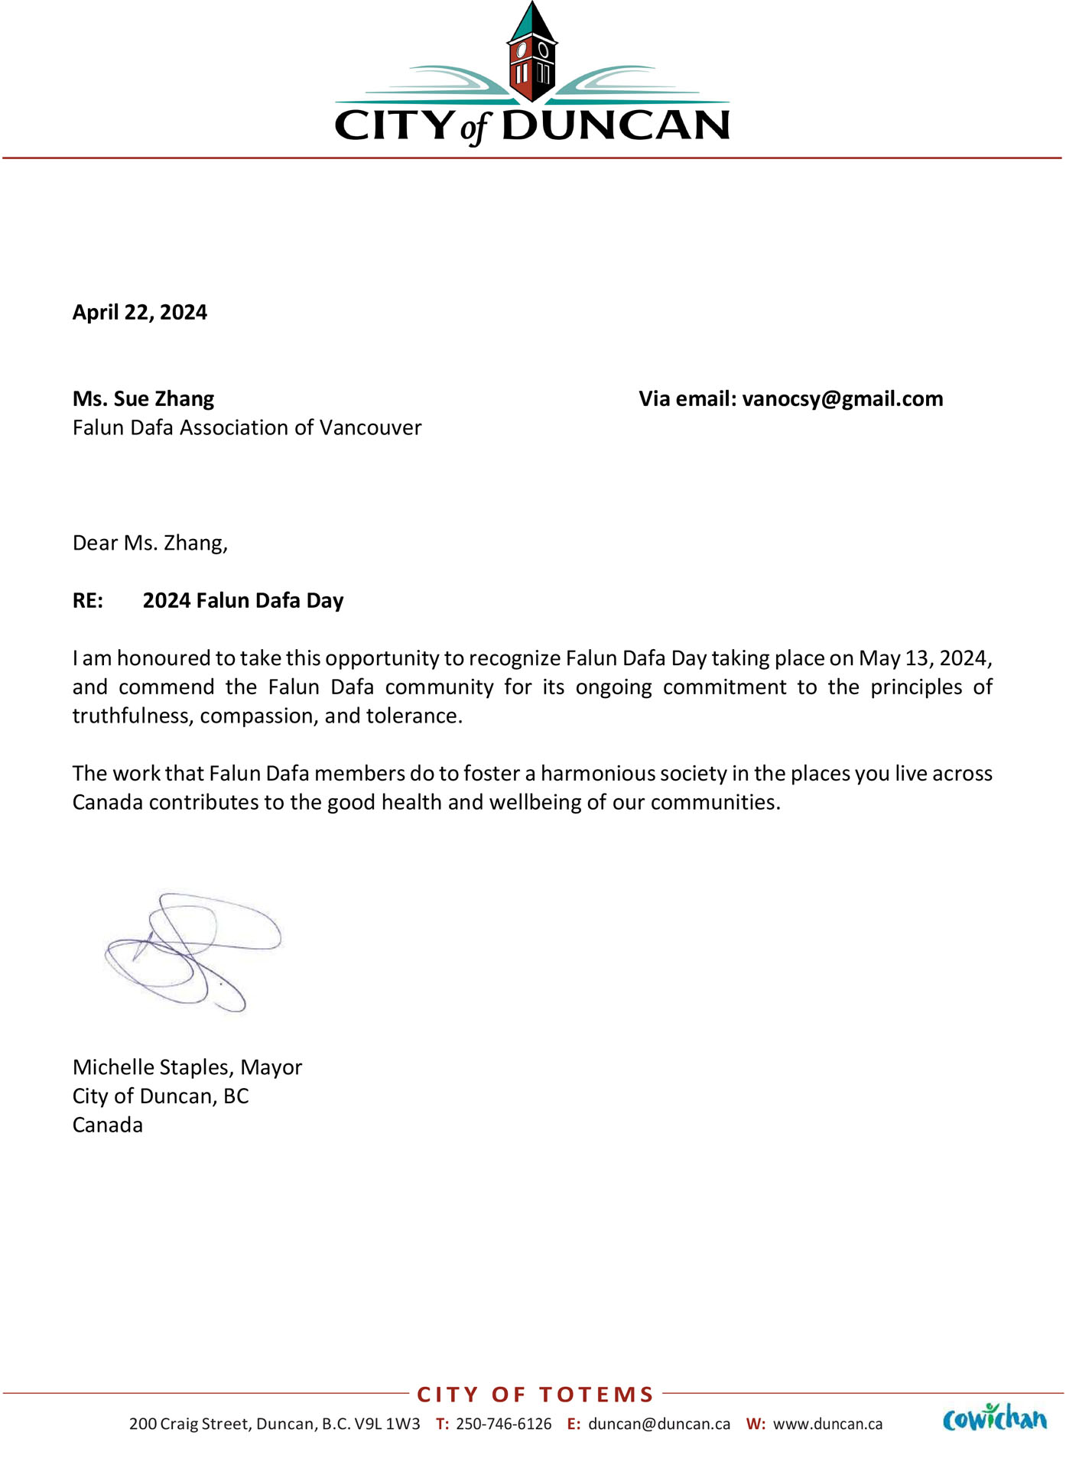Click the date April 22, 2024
tap(140, 312)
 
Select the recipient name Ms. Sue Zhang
tap(143, 398)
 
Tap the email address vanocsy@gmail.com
tap(843, 398)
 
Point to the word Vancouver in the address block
tap(370, 427)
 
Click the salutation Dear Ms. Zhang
tap(150, 543)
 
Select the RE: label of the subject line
tap(88, 600)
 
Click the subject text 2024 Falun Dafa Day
tap(243, 600)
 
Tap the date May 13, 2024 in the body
tap(925, 658)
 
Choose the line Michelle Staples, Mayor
tap(187, 1067)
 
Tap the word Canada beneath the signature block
tap(108, 1125)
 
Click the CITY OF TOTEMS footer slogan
tap(535, 1395)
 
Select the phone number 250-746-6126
tap(503, 1424)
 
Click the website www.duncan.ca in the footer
tap(827, 1424)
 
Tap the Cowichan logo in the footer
tap(995, 1418)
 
